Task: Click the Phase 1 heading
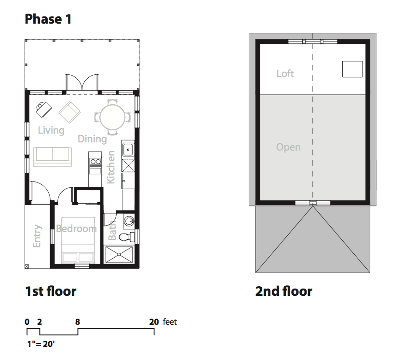(x=48, y=19)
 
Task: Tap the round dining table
(x=112, y=117)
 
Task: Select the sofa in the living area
(x=53, y=156)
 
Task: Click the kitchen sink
(x=128, y=150)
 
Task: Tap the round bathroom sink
(x=129, y=221)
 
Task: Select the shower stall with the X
(x=119, y=255)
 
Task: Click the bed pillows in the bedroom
(x=78, y=257)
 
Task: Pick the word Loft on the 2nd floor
(x=285, y=74)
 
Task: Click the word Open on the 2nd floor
(x=288, y=147)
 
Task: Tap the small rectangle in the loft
(x=352, y=69)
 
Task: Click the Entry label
(x=37, y=236)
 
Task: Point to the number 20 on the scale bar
(x=154, y=322)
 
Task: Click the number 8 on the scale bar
(x=78, y=322)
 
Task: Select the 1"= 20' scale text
(x=41, y=344)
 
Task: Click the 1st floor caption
(x=51, y=291)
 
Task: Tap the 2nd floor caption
(x=284, y=291)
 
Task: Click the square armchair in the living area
(x=69, y=112)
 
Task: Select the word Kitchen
(x=111, y=167)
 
